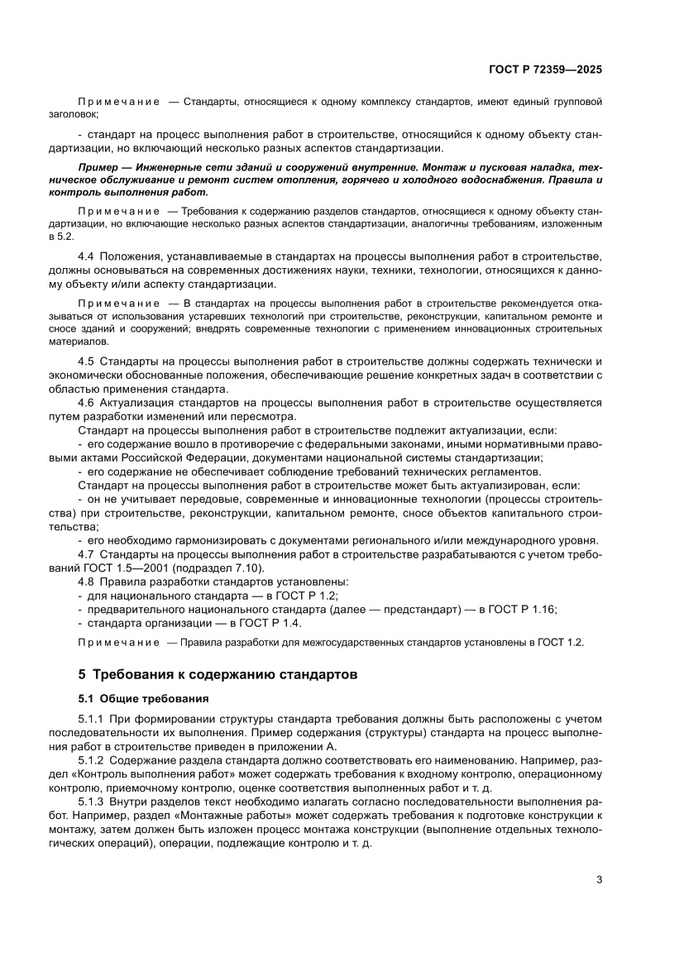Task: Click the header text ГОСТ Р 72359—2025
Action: click(544, 70)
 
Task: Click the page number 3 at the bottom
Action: click(599, 880)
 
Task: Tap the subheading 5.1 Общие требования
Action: click(143, 699)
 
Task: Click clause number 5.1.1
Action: click(91, 721)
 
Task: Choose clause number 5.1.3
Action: click(91, 802)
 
